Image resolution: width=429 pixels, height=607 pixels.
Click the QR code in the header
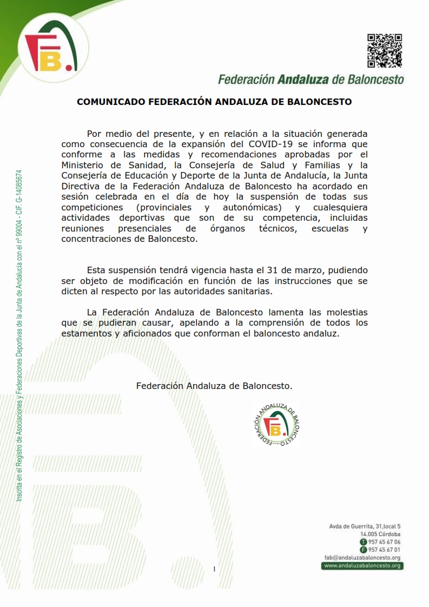pos(385,51)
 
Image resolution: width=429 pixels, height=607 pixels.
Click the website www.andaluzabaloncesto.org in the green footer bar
pos(362,566)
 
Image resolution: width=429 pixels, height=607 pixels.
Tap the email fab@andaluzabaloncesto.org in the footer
pos(362,558)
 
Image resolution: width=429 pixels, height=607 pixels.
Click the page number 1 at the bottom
pos(214,569)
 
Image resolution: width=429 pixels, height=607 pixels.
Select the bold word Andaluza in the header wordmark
pos(302,80)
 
